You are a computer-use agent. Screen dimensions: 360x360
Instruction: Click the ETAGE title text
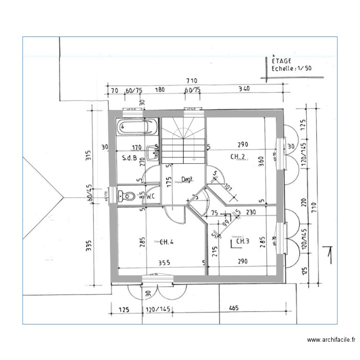tap(282, 61)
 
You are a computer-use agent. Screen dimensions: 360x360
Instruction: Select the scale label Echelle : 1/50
tap(291, 68)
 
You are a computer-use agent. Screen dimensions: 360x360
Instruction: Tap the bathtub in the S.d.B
tap(137, 128)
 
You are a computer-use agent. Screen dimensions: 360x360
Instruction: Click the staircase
tap(183, 139)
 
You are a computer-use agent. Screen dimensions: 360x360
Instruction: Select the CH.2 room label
tap(238, 156)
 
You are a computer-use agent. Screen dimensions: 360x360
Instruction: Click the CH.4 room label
tap(166, 241)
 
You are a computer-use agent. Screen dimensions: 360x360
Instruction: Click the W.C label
tap(151, 196)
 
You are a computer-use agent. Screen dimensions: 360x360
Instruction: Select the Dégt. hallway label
tap(187, 179)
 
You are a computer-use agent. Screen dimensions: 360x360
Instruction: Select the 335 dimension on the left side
tap(88, 246)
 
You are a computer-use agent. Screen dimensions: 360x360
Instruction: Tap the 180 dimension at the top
tap(160, 89)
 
